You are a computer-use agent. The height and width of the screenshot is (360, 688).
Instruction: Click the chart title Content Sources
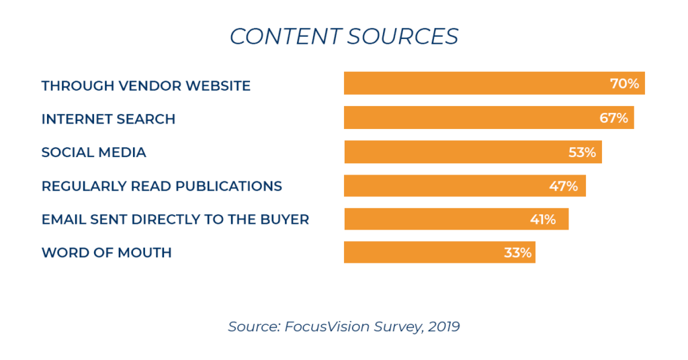344,36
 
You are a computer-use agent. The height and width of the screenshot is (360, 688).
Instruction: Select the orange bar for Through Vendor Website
470,83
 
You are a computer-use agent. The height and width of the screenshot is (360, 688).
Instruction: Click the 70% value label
624,85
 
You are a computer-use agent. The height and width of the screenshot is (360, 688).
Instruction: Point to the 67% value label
613,118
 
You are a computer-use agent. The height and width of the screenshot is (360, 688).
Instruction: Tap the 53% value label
582,152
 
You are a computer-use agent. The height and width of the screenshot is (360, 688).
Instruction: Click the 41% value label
542,220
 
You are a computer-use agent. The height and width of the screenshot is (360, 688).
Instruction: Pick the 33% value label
517,253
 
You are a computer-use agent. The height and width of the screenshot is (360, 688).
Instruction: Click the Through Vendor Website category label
146,86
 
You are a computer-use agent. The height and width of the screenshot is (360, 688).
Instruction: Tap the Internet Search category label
108,120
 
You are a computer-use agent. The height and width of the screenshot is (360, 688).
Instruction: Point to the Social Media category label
93,152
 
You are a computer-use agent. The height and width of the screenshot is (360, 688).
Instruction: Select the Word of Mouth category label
106,253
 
